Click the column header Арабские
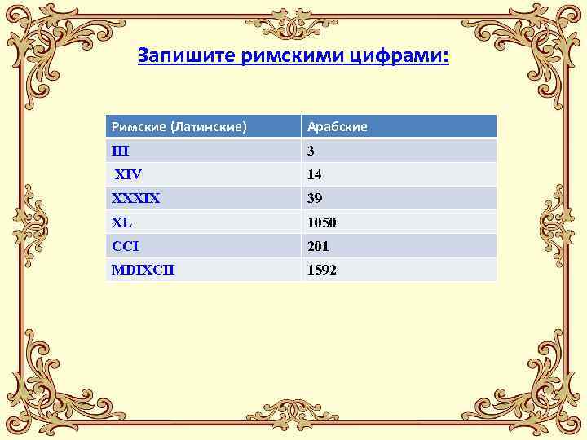pos(337,126)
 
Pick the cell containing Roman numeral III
pos(120,151)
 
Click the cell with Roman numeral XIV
pos(128,174)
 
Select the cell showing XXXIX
pos(136,198)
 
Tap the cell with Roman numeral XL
pos(121,222)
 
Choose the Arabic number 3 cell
pos(311,151)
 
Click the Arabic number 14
pos(314,174)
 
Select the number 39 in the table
pos(315,198)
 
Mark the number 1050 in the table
pos(321,222)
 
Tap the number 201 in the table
pos(318,245)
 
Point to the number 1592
pos(321,269)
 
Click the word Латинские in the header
pos(210,126)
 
